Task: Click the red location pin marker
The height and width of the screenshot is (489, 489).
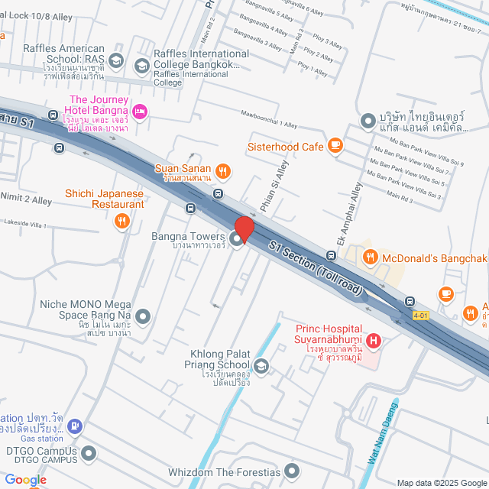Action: pos(244,229)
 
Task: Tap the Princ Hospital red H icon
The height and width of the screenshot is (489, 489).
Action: pos(374,340)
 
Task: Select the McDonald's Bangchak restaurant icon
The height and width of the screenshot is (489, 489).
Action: pos(370,257)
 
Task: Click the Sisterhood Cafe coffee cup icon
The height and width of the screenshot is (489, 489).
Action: pos(335,145)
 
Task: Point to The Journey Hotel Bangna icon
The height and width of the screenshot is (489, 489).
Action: pos(140,112)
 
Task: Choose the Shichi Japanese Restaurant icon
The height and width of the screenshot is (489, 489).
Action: pos(121,222)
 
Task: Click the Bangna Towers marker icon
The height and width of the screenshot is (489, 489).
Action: pos(237,240)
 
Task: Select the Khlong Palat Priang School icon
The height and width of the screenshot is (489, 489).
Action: pos(261,368)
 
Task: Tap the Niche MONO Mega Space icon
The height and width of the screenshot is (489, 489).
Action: pos(142,316)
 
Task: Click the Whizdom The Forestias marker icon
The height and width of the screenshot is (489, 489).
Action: pos(292,471)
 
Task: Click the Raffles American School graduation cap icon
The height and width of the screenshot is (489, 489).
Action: pos(115,60)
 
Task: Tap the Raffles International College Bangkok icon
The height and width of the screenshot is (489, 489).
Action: pos(141,66)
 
